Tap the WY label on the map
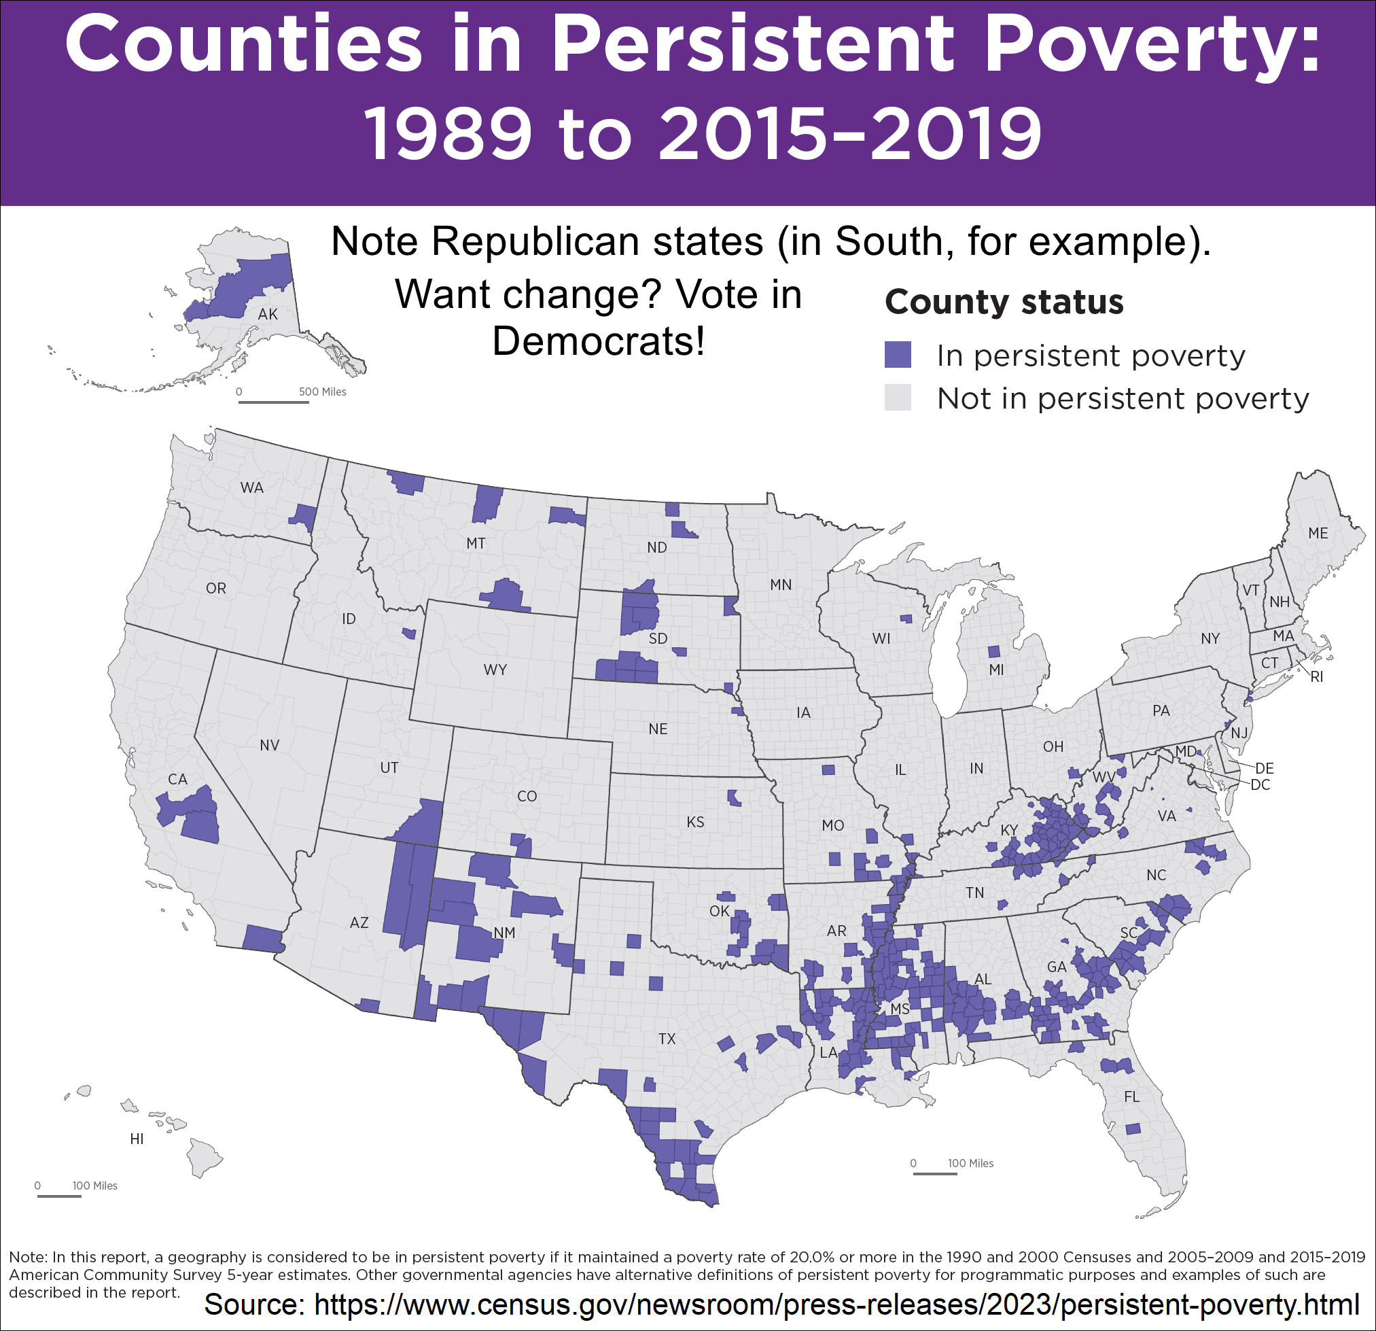[495, 670]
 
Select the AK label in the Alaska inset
[268, 314]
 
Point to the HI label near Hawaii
[137, 1139]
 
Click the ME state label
[1318, 533]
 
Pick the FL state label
[1131, 1096]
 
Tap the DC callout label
[1261, 784]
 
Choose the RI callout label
[1316, 677]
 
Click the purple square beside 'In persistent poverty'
[897, 355]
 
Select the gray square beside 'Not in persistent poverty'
[897, 398]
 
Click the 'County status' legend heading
[1004, 302]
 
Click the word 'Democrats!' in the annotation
[598, 341]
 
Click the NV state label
[270, 745]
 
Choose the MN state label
[781, 585]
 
